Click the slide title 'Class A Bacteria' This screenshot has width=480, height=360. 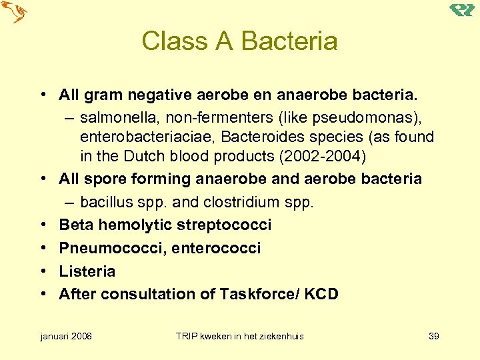point(239,41)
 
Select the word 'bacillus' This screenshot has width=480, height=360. point(105,202)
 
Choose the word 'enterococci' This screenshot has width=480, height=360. point(216,248)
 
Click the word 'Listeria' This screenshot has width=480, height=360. point(87,271)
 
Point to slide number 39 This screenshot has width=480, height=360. point(433,336)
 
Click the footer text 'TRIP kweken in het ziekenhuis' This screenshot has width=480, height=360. point(239,336)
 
